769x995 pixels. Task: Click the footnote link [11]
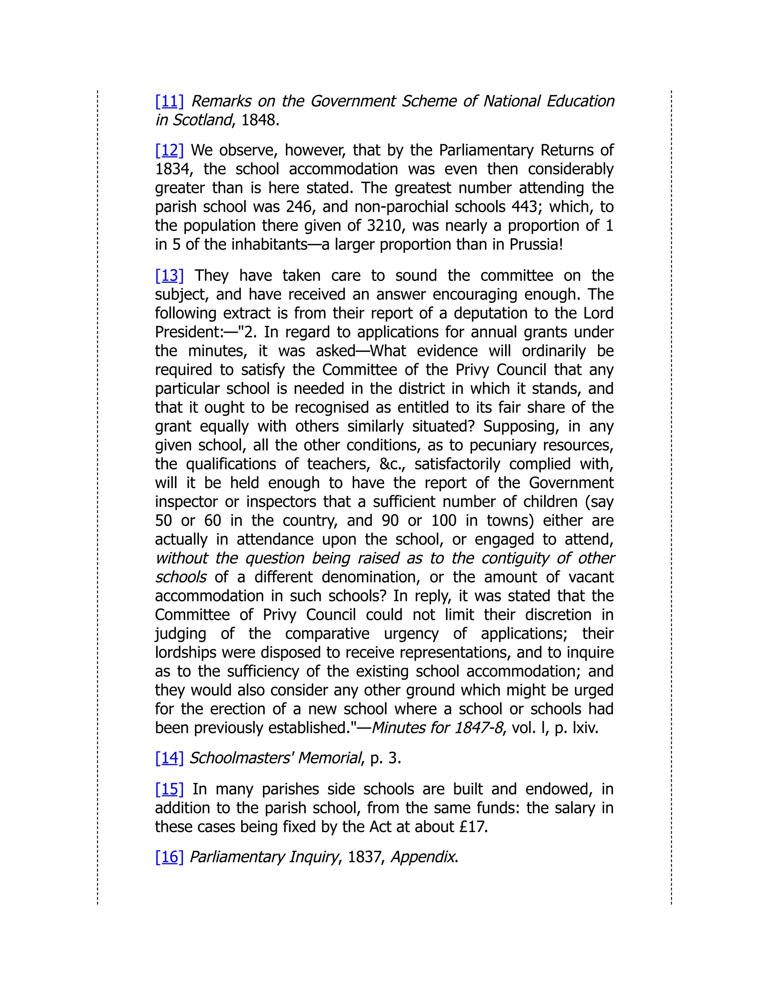tap(169, 101)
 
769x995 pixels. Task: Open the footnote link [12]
tap(169, 150)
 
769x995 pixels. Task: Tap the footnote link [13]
tap(169, 276)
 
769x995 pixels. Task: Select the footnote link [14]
tap(169, 758)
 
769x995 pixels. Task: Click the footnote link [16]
tap(169, 857)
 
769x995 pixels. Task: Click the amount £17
tap(473, 827)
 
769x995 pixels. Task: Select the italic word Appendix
tap(423, 857)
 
